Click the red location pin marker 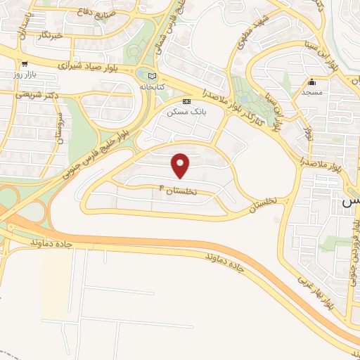181,165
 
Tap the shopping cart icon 25,63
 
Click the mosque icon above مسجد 312,82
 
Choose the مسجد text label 312,92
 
